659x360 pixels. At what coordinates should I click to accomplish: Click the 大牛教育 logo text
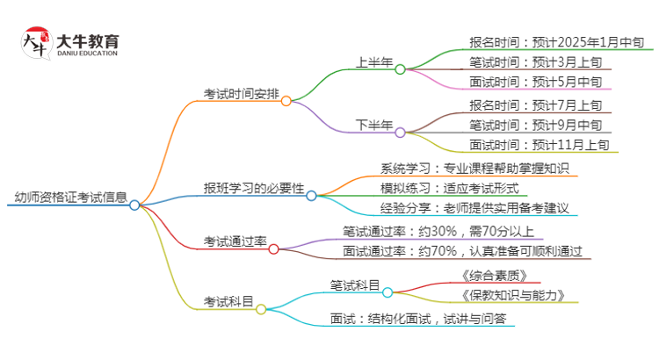click(x=87, y=42)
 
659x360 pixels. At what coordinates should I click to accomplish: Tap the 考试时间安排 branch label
click(x=240, y=93)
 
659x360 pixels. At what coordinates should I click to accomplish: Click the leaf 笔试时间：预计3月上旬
click(x=536, y=61)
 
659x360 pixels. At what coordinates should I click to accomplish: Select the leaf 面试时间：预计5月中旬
click(x=536, y=83)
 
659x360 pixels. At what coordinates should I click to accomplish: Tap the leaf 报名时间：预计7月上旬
click(x=536, y=104)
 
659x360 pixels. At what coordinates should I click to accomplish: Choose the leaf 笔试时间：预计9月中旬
click(x=536, y=125)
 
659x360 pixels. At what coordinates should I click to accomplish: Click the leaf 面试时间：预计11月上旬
click(x=540, y=146)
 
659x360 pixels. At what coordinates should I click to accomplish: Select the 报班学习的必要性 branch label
click(x=254, y=188)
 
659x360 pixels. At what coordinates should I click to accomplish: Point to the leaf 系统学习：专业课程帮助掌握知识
click(x=475, y=168)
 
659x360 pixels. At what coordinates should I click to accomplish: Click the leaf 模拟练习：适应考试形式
click(x=450, y=188)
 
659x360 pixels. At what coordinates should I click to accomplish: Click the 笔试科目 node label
click(x=355, y=284)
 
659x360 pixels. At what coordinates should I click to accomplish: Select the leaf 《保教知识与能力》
click(x=511, y=295)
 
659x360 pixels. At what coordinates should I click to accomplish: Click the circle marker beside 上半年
click(x=400, y=69)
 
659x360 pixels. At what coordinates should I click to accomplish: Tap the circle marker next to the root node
click(x=134, y=205)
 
